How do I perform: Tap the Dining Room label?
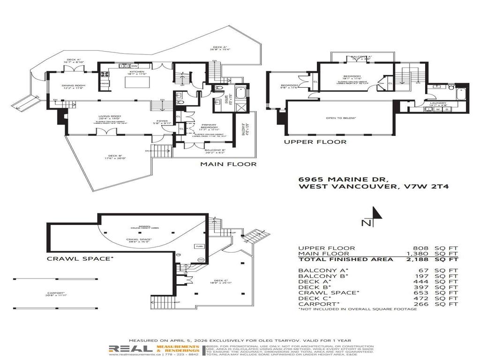[x=73, y=86]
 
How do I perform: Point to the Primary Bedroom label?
[x=209, y=127]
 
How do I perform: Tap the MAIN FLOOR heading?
[x=228, y=164]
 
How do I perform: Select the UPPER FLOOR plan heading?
[x=315, y=142]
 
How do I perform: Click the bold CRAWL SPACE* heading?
[x=80, y=258]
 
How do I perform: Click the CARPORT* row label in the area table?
[x=316, y=303]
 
